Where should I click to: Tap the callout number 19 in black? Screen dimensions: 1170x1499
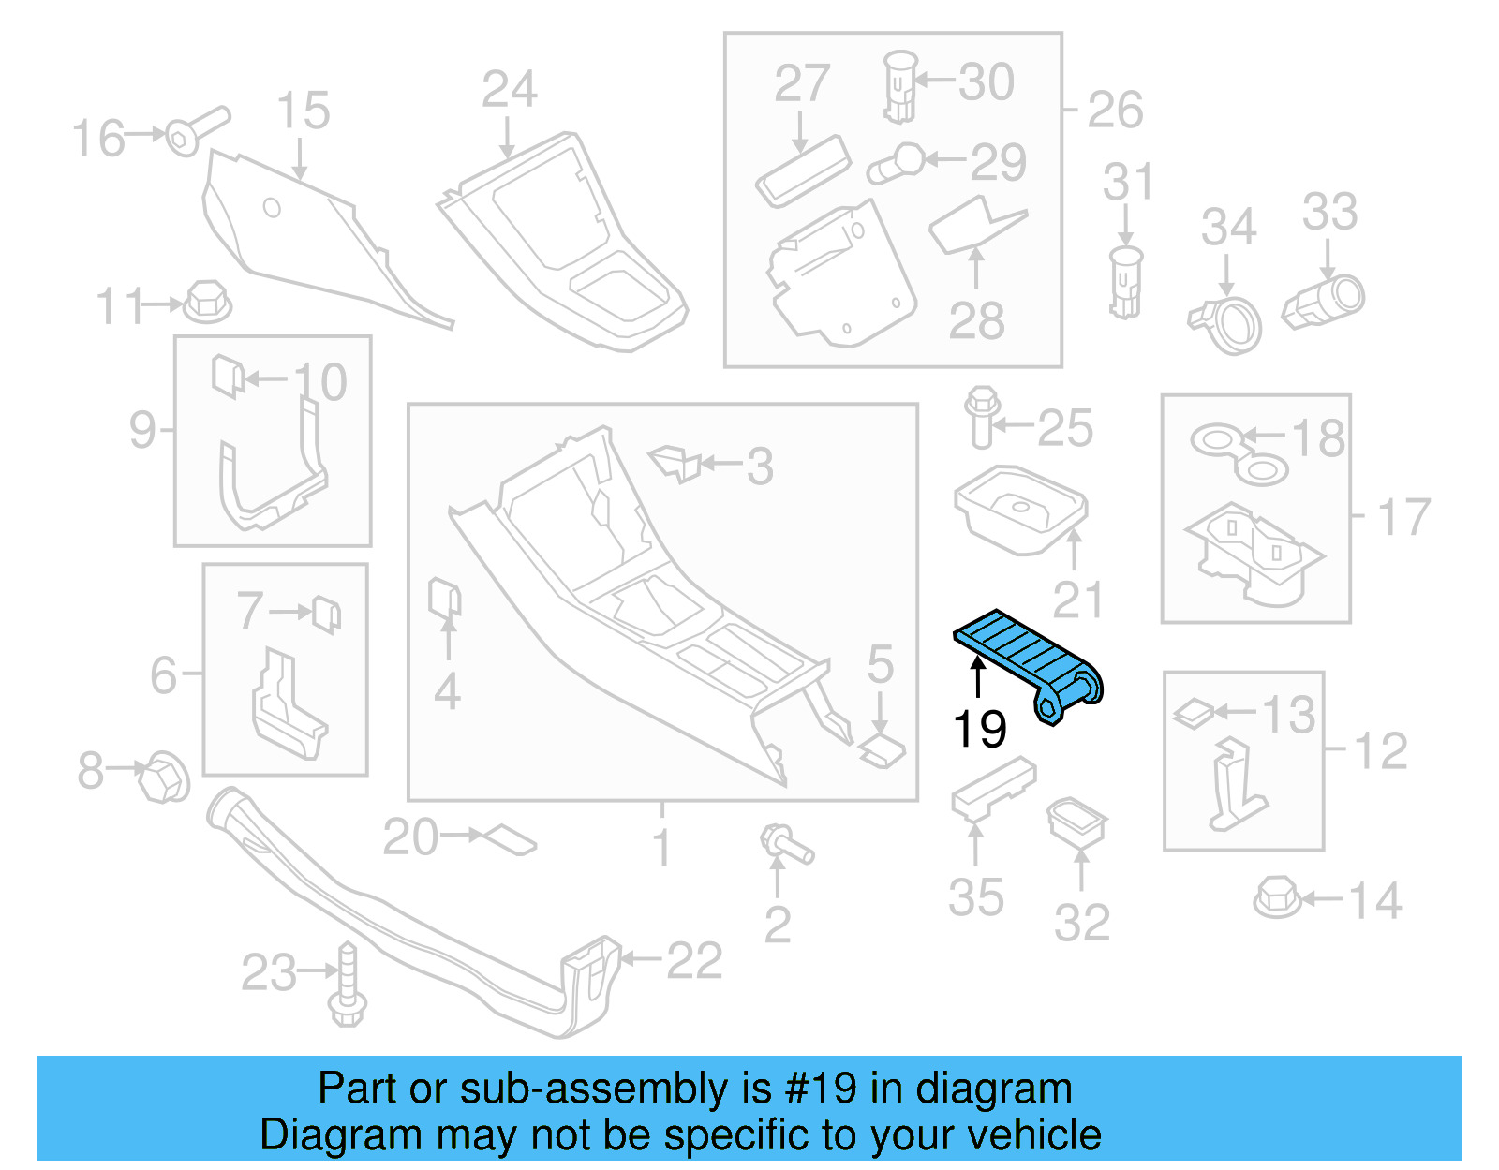pyautogui.click(x=979, y=729)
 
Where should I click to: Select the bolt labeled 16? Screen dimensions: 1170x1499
pyautogui.click(x=196, y=130)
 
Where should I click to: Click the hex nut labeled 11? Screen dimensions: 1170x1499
pyautogui.click(x=207, y=302)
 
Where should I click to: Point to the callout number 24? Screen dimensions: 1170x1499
pyautogui.click(x=509, y=90)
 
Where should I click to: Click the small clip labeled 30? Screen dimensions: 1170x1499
pyautogui.click(x=898, y=86)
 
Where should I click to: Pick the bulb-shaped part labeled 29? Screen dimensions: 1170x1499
pyautogui.click(x=898, y=163)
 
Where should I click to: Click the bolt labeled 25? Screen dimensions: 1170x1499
pyautogui.click(x=980, y=417)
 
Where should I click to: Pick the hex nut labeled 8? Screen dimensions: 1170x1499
pyautogui.click(x=163, y=777)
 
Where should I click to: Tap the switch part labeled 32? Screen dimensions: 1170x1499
pyautogui.click(x=1077, y=822)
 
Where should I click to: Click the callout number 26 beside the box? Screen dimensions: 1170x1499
pyautogui.click(x=1115, y=111)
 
